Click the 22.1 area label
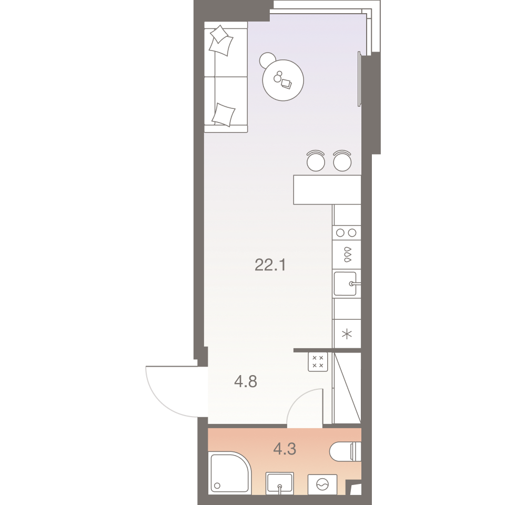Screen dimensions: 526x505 click(270, 265)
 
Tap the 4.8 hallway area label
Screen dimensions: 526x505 click(246, 381)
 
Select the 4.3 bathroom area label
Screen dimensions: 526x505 click(285, 449)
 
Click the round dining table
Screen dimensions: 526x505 click(283, 80)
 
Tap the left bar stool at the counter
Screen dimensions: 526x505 click(316, 160)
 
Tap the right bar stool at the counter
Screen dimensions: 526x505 click(342, 160)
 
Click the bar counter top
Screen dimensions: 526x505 click(327, 189)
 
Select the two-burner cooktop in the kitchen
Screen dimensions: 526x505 click(347, 233)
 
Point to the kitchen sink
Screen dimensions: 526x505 click(345, 284)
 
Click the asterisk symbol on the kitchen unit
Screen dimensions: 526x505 click(347, 334)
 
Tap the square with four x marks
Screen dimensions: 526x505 click(318, 362)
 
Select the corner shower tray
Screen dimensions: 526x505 click(229, 472)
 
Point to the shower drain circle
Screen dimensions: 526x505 click(217, 486)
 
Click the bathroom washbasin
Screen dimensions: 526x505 click(279, 483)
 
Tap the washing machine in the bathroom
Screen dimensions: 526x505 click(322, 484)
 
